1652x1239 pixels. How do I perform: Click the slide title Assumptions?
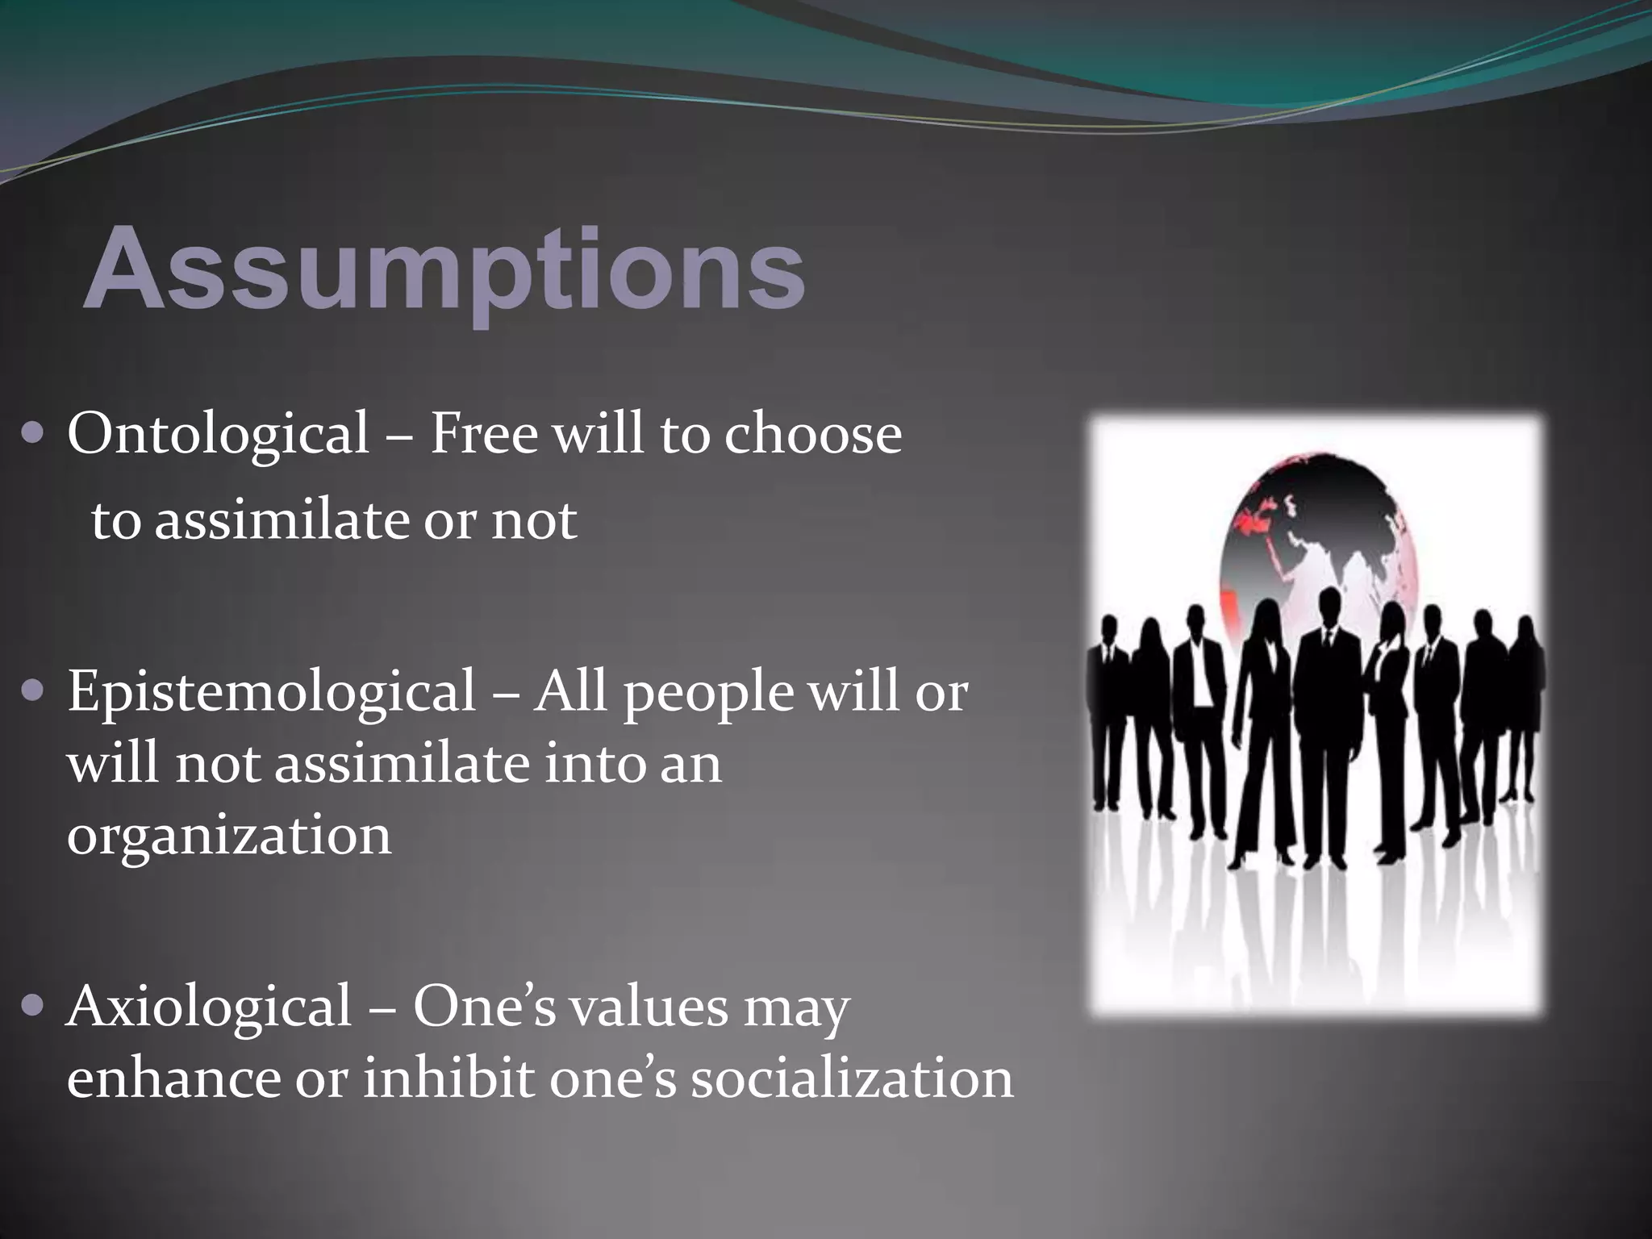(444, 269)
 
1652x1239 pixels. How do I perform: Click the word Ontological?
(218, 434)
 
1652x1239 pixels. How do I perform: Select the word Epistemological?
(271, 692)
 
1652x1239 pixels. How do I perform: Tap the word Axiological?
(209, 1007)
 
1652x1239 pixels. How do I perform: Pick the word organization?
(229, 836)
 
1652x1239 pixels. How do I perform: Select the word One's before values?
(484, 1007)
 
